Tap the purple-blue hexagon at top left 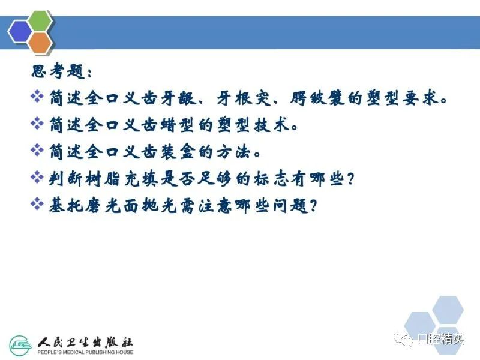[20, 32]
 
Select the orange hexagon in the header [40, 42]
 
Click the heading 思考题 [58, 71]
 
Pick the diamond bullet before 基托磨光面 [37, 204]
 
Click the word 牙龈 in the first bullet [178, 98]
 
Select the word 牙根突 [244, 98]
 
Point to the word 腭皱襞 [317, 98]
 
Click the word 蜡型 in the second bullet [177, 125]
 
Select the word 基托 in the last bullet [66, 205]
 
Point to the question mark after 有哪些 [350, 179]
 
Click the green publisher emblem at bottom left [20, 346]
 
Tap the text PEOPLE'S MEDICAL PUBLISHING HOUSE [85, 352]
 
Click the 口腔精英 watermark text [441, 339]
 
